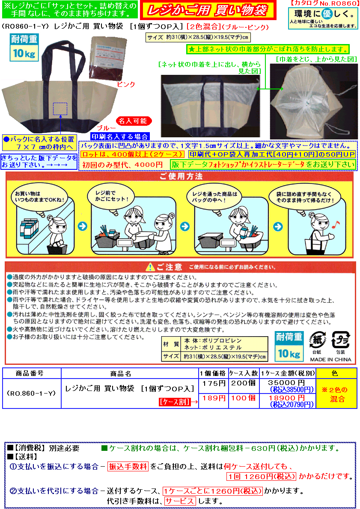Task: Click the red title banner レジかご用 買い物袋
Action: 208,10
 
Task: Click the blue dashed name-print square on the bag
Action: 60,109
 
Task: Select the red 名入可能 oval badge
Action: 134,121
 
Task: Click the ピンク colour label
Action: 126,84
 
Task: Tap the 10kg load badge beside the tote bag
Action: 24,47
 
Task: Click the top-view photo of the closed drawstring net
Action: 314,101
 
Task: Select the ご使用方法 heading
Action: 181,176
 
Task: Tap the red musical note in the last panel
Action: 336,225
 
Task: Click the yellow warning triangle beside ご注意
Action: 150,267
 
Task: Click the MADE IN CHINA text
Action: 331,359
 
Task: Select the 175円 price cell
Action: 214,383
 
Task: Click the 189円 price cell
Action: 214,398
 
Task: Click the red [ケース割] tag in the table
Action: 175,402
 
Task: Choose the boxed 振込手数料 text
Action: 128,467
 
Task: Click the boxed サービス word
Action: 180,501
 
